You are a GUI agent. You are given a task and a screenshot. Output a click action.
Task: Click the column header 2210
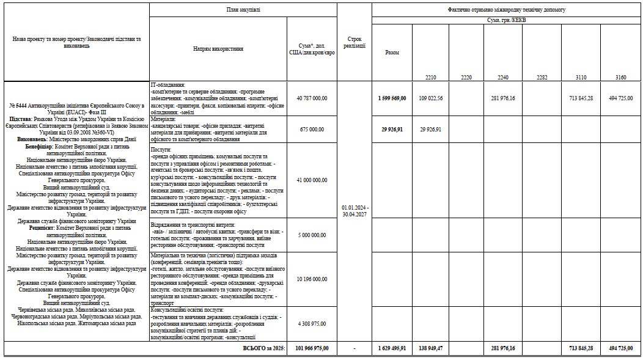(x=430, y=78)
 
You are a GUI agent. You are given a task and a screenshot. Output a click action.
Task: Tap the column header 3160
(x=621, y=78)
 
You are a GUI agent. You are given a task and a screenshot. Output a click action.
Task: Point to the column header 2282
(x=542, y=78)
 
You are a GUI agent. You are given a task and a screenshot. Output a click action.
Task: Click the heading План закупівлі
(x=243, y=10)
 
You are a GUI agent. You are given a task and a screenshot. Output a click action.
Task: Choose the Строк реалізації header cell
(x=354, y=42)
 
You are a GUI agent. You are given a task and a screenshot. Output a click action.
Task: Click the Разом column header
(x=392, y=53)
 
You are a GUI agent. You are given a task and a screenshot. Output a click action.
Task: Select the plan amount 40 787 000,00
(x=311, y=98)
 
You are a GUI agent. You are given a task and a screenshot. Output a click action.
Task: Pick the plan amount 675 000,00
(x=311, y=130)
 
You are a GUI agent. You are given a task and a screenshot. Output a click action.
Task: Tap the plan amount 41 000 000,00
(x=311, y=180)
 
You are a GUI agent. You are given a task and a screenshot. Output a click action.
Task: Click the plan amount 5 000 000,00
(x=311, y=235)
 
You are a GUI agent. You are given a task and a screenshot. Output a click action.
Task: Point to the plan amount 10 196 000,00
(x=311, y=279)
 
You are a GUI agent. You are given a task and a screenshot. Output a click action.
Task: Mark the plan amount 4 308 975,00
(x=311, y=323)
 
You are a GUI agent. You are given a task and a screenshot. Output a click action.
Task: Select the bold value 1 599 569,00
(x=392, y=98)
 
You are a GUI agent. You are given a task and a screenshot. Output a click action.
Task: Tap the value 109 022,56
(x=430, y=98)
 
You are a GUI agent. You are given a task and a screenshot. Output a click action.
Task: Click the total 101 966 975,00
(x=311, y=348)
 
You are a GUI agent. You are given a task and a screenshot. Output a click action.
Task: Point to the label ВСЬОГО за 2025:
(x=264, y=348)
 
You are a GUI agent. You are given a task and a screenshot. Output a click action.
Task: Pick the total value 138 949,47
(x=430, y=348)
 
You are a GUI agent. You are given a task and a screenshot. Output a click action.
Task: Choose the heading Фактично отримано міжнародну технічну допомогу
(x=506, y=10)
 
